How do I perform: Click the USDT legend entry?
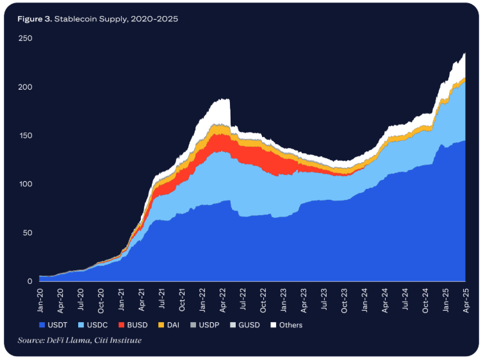pyautogui.click(x=53, y=325)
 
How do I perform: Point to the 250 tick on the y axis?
pyautogui.click(x=26, y=38)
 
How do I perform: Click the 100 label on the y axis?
pyautogui.click(x=26, y=184)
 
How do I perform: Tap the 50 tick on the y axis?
pyautogui.click(x=28, y=233)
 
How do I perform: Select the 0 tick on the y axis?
pyautogui.click(x=29, y=281)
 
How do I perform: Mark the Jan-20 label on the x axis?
pyautogui.click(x=40, y=297)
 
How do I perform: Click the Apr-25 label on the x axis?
pyautogui.click(x=465, y=297)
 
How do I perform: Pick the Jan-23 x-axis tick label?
pyautogui.click(x=284, y=297)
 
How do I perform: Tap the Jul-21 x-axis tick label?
pyautogui.click(x=162, y=297)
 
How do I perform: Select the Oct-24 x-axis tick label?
pyautogui.click(x=425, y=297)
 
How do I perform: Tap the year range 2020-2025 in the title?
pyautogui.click(x=154, y=19)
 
